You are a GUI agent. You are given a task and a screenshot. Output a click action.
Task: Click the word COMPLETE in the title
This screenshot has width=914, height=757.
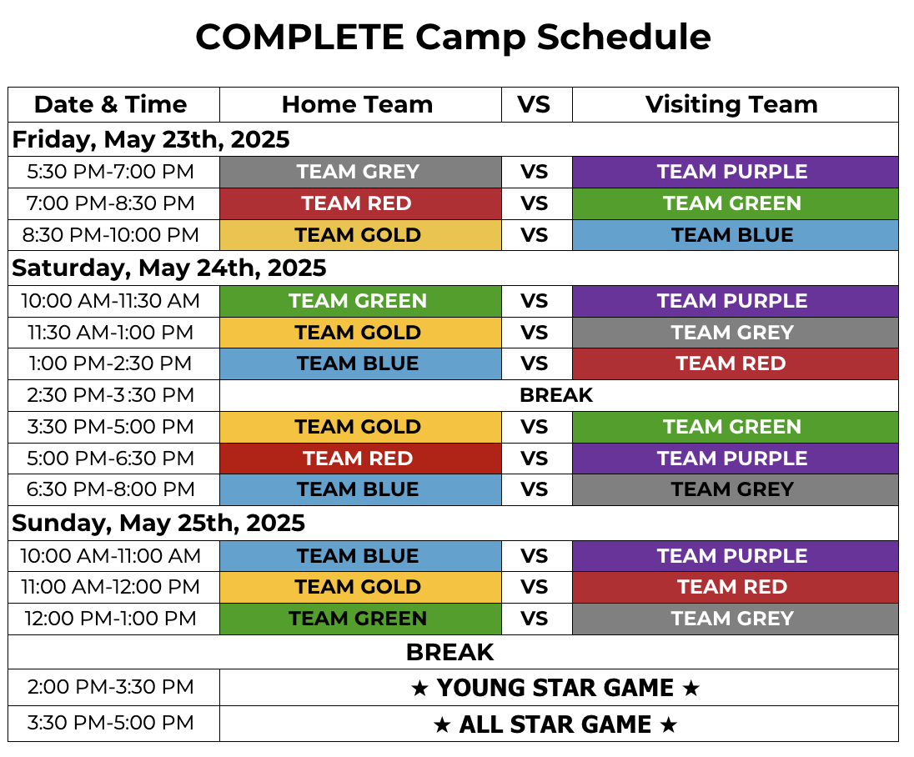pyautogui.click(x=299, y=38)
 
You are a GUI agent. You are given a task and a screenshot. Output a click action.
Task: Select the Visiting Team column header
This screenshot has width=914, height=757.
pyautogui.click(x=731, y=105)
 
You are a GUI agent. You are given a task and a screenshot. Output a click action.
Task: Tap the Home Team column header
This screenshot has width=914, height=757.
pyautogui.click(x=357, y=105)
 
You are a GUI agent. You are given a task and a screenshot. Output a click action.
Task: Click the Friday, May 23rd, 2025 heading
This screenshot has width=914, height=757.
pyautogui.click(x=151, y=140)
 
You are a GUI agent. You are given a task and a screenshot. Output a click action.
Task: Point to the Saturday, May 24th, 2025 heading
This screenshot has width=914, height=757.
pyautogui.click(x=169, y=268)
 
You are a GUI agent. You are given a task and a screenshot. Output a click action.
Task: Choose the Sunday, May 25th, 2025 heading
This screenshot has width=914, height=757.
pyautogui.click(x=158, y=524)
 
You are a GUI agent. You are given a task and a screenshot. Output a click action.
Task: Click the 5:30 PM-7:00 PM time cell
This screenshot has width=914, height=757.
pyautogui.click(x=111, y=172)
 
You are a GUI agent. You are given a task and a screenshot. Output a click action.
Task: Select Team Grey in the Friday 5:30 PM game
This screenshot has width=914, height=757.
pyautogui.click(x=358, y=172)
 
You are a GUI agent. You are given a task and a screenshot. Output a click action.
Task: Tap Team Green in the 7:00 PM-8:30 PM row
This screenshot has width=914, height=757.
pyautogui.click(x=732, y=203)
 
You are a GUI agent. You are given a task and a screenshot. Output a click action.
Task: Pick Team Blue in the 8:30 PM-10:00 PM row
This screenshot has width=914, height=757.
pyautogui.click(x=732, y=235)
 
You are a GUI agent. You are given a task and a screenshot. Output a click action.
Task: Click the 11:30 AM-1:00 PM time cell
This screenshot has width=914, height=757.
pyautogui.click(x=111, y=332)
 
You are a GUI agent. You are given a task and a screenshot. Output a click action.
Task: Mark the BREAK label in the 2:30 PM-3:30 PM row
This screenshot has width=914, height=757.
pyautogui.click(x=556, y=395)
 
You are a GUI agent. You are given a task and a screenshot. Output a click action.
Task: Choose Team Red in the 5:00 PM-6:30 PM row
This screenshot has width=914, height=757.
pyautogui.click(x=358, y=459)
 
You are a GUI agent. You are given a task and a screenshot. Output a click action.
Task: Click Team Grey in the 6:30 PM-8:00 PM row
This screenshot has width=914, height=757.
pyautogui.click(x=732, y=489)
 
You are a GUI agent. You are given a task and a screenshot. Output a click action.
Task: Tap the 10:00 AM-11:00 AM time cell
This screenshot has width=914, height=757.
pyautogui.click(x=111, y=556)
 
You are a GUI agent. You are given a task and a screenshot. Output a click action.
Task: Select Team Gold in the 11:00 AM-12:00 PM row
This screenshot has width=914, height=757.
pyautogui.click(x=358, y=587)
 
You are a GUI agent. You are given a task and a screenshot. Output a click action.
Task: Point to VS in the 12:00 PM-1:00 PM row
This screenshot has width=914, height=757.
pyautogui.click(x=534, y=619)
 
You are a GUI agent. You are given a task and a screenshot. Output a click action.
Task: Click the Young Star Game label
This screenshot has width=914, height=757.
pyautogui.click(x=555, y=689)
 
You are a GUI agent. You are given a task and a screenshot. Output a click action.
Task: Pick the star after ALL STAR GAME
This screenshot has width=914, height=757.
pyautogui.click(x=669, y=725)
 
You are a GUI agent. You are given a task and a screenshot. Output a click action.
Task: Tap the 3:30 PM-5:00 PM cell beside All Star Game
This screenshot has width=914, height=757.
pyautogui.click(x=111, y=723)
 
